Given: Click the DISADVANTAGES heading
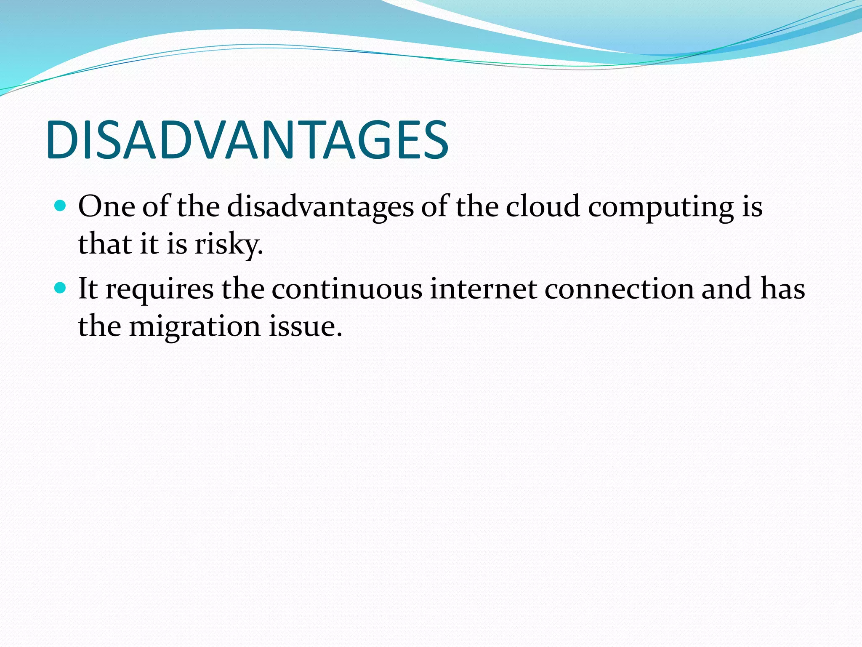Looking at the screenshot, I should pos(247,140).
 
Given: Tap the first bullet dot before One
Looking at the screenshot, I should pos(61,206).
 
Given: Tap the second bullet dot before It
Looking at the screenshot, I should pos(61,288).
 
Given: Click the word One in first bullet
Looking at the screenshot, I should pos(106,207).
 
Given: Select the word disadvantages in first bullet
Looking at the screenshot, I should pos(320,207).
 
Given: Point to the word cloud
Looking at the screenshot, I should pos(543,207).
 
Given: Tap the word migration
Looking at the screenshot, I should pos(195,328).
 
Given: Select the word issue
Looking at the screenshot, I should pos(305,327).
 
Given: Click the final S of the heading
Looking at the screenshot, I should pos(434,140).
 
